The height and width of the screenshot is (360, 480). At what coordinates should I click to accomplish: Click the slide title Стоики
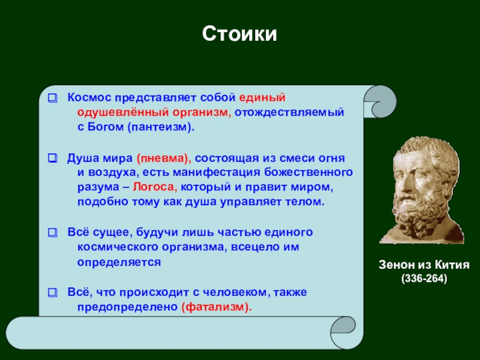239,34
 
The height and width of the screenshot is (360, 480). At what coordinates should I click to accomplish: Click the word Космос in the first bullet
89,98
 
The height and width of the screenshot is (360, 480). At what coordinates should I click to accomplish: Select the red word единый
262,98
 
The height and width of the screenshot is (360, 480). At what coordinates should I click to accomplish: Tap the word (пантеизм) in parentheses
161,127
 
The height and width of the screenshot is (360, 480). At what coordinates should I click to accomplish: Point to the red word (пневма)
164,158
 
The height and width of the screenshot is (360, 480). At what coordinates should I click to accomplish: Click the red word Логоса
155,187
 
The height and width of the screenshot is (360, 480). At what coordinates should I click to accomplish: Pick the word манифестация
217,173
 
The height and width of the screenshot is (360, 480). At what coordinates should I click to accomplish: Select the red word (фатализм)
217,307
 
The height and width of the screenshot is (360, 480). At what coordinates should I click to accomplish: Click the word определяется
119,262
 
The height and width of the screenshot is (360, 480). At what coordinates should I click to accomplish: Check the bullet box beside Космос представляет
53,98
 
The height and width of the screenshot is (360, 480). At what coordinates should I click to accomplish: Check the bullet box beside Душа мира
53,158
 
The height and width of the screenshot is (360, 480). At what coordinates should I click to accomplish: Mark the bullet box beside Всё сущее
53,233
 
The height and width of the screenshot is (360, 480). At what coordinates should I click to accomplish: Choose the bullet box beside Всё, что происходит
53,293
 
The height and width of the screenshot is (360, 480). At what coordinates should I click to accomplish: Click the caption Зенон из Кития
424,265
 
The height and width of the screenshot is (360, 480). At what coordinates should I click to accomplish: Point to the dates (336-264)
424,278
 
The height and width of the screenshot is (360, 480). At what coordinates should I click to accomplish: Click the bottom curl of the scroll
343,333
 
